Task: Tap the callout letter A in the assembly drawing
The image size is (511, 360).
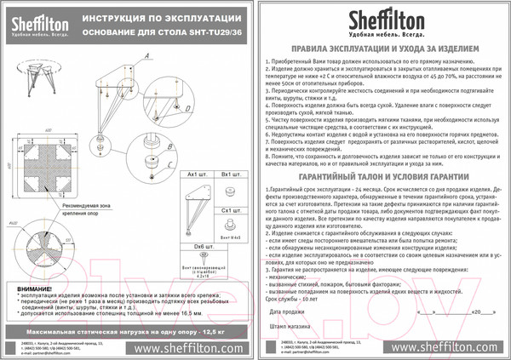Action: [x=146, y=54]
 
